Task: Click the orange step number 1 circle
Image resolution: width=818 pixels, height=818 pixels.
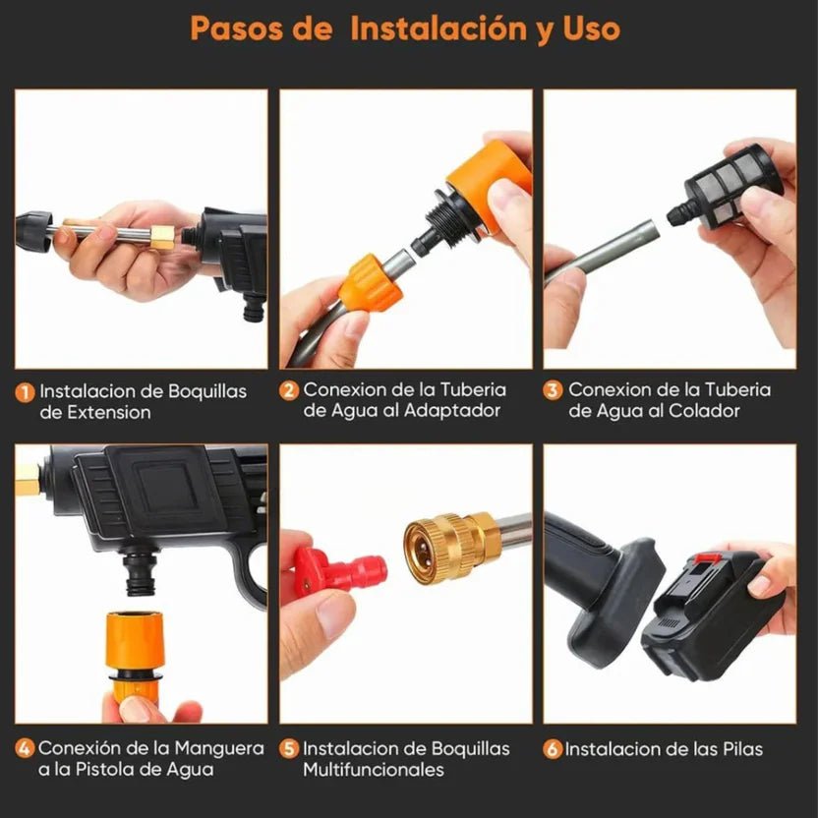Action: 26,391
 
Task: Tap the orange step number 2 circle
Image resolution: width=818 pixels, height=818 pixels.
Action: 289,390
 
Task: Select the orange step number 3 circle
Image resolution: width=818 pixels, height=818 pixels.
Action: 554,390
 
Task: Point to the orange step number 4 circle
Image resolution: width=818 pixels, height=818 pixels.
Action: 26,749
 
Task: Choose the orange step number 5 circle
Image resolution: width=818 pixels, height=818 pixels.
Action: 289,749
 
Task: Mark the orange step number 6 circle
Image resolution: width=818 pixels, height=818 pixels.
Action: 554,749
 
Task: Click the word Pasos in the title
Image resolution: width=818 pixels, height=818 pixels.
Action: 239,28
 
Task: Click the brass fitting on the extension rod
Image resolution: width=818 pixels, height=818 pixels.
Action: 160,236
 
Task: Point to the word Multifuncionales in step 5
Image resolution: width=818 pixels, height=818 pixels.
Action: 374,770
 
